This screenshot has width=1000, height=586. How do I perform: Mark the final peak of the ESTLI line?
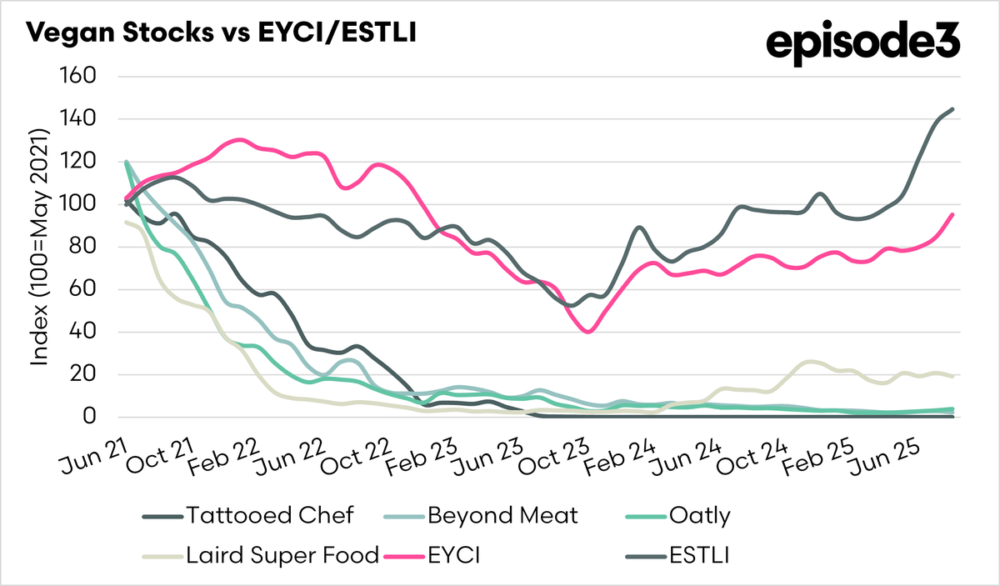click(x=952, y=109)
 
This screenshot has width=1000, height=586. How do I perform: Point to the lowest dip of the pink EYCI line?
click(x=589, y=332)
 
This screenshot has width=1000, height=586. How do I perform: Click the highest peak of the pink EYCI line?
click(x=240, y=139)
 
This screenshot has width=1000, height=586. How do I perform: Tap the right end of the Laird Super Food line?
click(x=952, y=376)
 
